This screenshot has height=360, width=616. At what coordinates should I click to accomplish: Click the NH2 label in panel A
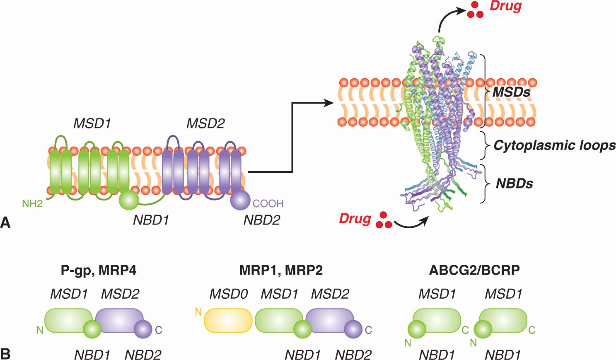(32, 203)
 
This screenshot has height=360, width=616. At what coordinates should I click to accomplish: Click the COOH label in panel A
(268, 203)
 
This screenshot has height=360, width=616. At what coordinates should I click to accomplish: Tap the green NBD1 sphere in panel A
(129, 200)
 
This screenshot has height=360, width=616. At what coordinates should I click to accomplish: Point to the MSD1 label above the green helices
(92, 123)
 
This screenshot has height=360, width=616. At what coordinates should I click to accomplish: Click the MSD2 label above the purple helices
(205, 123)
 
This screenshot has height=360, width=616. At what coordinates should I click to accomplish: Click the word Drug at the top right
(505, 6)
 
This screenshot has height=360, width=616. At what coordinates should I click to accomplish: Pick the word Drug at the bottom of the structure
(355, 218)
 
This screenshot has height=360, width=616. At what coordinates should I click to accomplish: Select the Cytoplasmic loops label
(554, 145)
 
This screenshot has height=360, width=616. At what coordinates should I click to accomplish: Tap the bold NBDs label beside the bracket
(515, 184)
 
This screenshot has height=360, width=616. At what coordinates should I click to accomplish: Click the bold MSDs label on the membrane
(511, 92)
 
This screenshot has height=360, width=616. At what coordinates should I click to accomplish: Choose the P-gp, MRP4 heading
(99, 270)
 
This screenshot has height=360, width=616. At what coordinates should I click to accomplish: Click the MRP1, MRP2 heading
(281, 270)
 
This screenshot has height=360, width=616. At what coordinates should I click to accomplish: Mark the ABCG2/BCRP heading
(474, 270)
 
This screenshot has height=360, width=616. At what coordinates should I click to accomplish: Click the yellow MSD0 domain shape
(228, 321)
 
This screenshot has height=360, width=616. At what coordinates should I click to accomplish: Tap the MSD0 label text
(229, 294)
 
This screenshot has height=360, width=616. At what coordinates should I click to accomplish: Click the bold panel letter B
(5, 354)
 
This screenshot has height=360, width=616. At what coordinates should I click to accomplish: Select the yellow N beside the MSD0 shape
(198, 312)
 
